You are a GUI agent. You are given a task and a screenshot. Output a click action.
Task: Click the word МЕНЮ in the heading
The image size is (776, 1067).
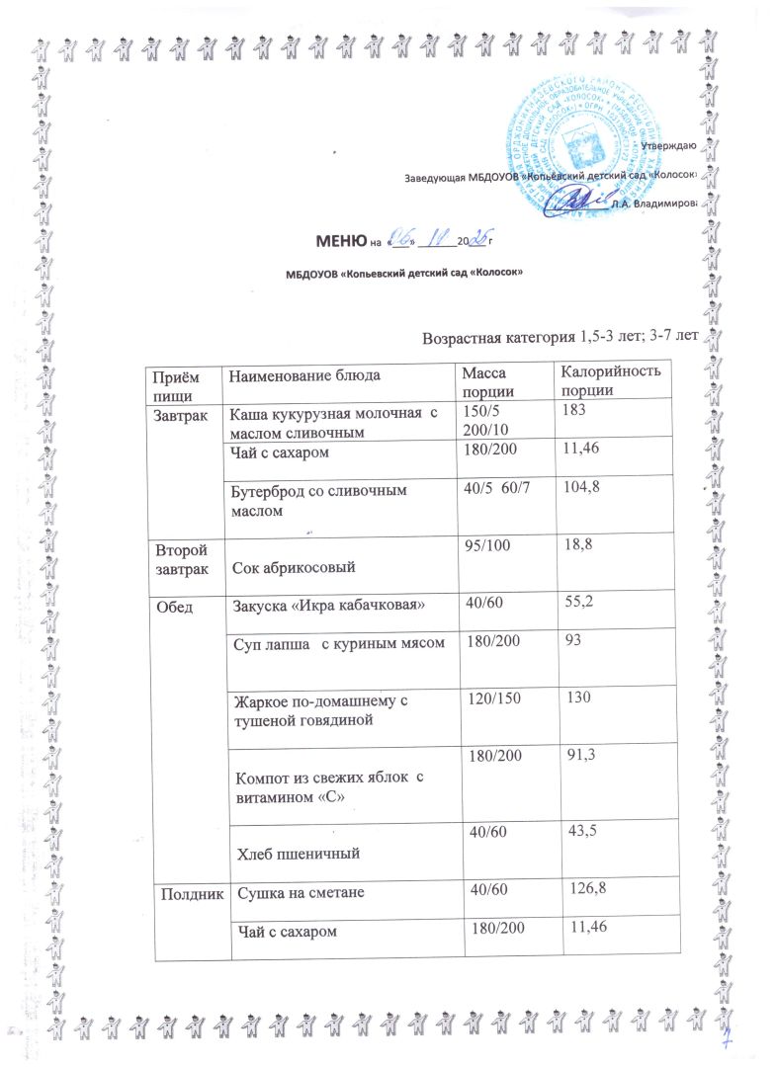click(x=340, y=240)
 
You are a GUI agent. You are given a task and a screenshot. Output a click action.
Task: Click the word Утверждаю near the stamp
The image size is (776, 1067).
click(x=670, y=147)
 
